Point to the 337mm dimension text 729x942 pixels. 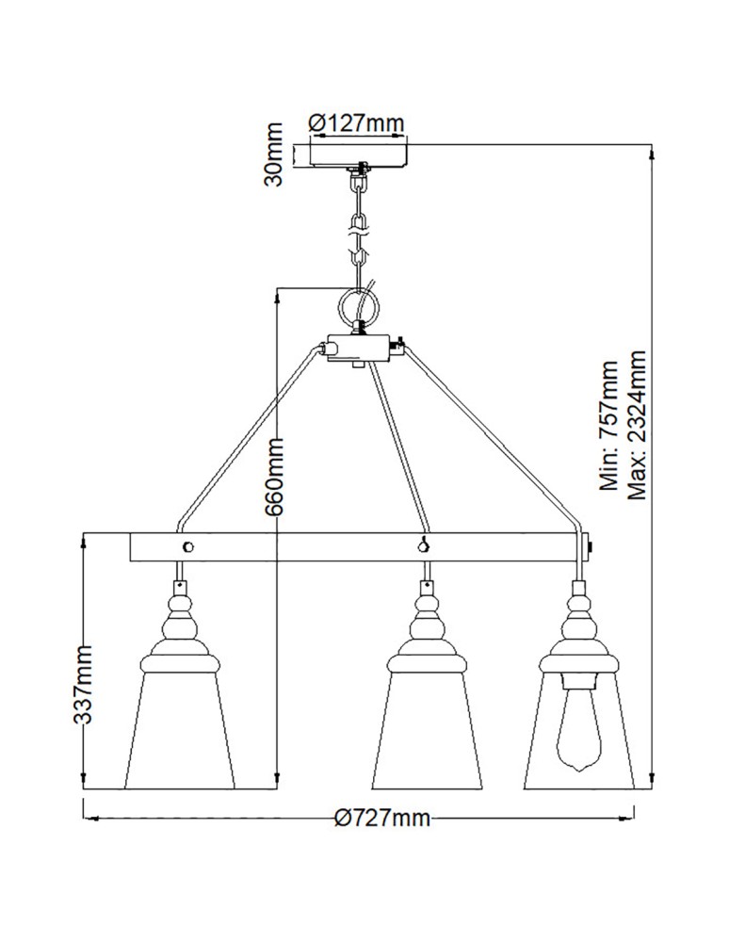(85, 684)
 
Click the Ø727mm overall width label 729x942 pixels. (383, 818)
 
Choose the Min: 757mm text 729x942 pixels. (609, 429)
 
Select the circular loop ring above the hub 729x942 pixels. (359, 305)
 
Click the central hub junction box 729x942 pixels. (359, 349)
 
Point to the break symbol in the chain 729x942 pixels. (357, 226)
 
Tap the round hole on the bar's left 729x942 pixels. (188, 545)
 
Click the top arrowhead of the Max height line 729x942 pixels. (650, 150)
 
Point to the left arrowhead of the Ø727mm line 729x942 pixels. (89, 818)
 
